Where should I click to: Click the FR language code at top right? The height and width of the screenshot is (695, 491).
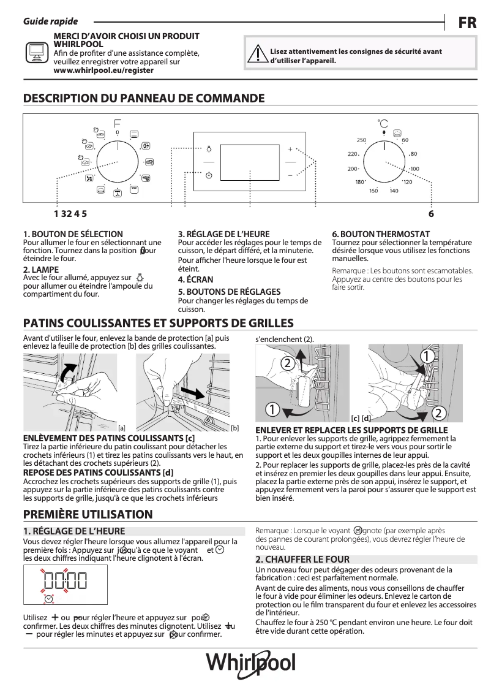tap(467, 23)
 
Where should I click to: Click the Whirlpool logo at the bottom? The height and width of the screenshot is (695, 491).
tap(250, 663)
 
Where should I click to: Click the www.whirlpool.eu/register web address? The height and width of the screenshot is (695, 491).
tap(103, 70)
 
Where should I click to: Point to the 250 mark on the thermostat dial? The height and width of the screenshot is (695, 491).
tap(361, 141)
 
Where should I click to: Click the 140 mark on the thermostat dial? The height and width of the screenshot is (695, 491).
tap(394, 191)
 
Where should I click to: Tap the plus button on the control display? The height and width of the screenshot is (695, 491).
tap(290, 149)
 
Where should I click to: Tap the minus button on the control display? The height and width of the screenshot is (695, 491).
tap(290, 175)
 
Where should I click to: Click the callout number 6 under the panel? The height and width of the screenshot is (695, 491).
tap(431, 214)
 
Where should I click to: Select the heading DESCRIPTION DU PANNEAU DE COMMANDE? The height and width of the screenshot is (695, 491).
tap(144, 99)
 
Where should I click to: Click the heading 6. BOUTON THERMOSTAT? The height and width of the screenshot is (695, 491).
tap(381, 234)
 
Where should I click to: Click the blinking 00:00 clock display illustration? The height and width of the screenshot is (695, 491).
tap(65, 580)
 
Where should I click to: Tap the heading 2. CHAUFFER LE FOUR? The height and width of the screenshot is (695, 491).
tap(302, 560)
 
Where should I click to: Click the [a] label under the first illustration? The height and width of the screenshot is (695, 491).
tap(121, 428)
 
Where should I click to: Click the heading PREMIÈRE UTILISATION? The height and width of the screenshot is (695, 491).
tap(88, 514)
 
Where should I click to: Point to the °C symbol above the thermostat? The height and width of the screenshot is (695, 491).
tap(383, 123)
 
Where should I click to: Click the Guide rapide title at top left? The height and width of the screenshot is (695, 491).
tap(50, 21)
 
